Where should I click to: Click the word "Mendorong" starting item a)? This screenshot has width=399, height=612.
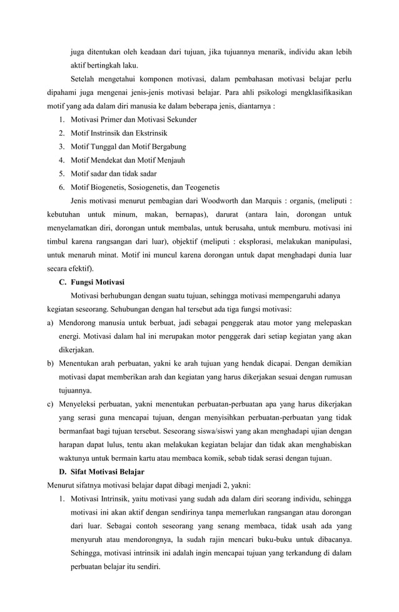click(x=81, y=323)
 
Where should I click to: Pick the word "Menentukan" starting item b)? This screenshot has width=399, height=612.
click(x=82, y=363)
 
